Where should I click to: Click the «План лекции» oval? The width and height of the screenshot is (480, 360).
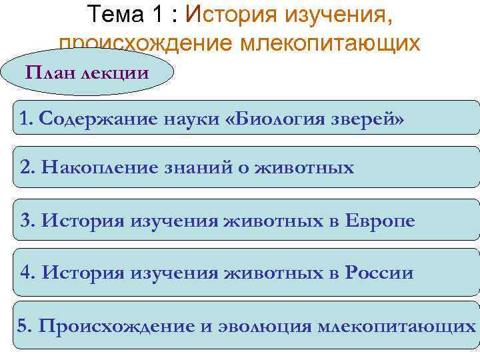(x=87, y=73)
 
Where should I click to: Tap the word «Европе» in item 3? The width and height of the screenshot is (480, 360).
(x=379, y=220)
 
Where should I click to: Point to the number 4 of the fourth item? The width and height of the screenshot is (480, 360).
(x=26, y=273)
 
